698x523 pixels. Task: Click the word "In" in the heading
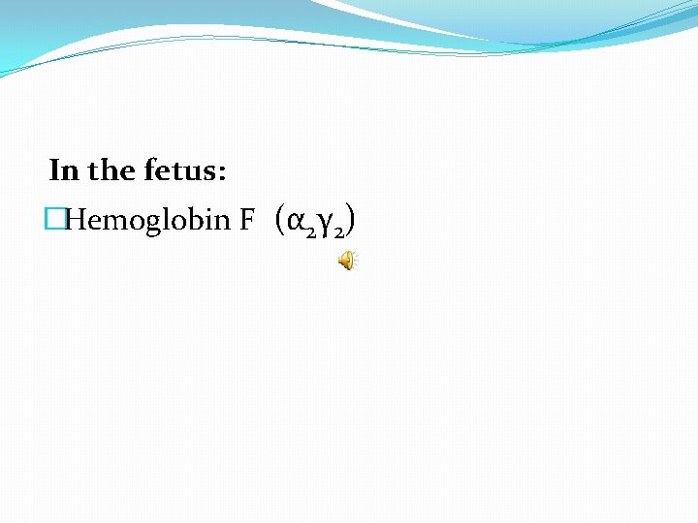pyautogui.click(x=64, y=171)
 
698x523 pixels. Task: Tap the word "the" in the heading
pyautogui.click(x=111, y=171)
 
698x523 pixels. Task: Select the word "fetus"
pyautogui.click(x=180, y=171)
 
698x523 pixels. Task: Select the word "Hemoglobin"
pyautogui.click(x=146, y=222)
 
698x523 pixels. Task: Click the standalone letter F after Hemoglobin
pyautogui.click(x=247, y=221)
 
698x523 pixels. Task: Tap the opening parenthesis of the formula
pyautogui.click(x=279, y=221)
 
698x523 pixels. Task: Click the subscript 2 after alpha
pyautogui.click(x=307, y=231)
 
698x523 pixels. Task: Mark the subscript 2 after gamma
pyautogui.click(x=338, y=231)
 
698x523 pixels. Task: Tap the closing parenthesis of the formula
pyautogui.click(x=350, y=221)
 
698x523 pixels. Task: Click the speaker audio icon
pyautogui.click(x=346, y=260)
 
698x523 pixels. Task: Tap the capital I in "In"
pyautogui.click(x=55, y=171)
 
